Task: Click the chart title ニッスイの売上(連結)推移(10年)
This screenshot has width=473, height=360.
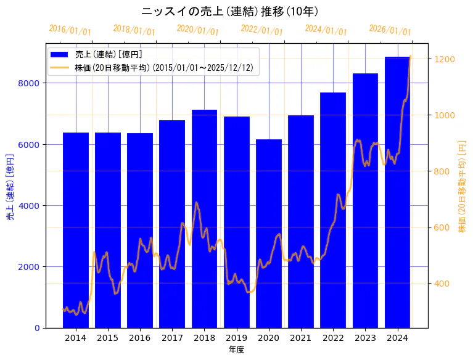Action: coord(229,12)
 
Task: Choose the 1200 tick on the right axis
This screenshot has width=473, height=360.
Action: coord(445,59)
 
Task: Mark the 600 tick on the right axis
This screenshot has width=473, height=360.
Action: coord(443,227)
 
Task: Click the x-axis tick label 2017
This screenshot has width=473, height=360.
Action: coord(172,338)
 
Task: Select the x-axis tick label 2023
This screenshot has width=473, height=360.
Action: coord(365,338)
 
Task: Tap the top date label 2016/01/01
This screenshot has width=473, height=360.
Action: coord(70,30)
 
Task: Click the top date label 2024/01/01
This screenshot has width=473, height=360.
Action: coord(326,30)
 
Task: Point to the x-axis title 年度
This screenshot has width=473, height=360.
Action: coord(236,350)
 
